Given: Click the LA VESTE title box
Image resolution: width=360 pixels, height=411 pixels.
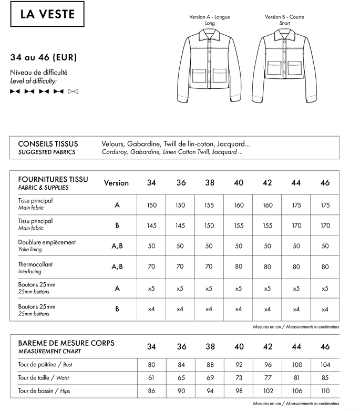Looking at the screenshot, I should [47, 14].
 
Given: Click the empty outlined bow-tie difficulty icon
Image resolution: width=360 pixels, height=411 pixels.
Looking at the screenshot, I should [73, 91].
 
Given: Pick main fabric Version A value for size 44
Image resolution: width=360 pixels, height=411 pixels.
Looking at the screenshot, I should [296, 205].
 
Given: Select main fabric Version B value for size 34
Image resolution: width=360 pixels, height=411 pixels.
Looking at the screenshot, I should [151, 225].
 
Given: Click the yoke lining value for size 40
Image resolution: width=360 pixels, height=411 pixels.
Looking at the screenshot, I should [239, 246].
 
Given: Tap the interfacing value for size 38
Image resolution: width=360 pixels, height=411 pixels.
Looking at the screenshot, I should [209, 267].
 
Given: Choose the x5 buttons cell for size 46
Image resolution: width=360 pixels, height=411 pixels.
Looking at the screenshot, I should [325, 288].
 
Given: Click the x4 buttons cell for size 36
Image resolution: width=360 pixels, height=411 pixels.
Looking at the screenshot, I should [181, 309].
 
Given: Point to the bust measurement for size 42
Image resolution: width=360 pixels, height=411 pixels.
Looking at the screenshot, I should [267, 365].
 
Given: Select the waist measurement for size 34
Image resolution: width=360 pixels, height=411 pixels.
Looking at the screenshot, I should [151, 378].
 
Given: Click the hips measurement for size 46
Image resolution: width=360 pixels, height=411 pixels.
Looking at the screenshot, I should [325, 391].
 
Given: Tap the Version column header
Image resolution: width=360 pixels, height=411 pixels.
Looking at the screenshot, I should [116, 183].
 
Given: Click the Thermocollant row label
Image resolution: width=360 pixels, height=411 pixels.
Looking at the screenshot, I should [36, 264].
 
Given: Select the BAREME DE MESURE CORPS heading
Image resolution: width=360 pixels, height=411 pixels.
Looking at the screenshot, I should [66, 343].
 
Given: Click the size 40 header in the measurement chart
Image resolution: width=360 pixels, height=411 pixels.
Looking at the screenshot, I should [239, 346].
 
